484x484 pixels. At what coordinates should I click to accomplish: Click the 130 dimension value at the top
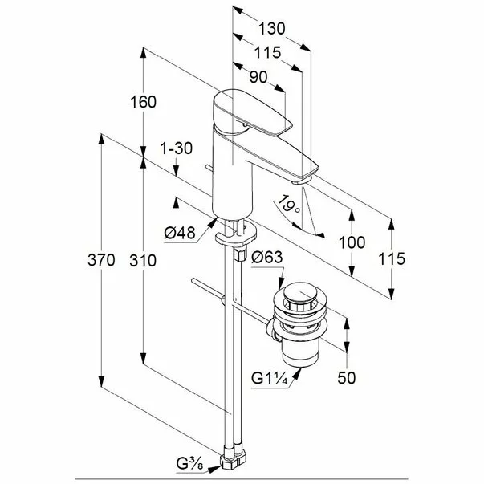tap(271, 29)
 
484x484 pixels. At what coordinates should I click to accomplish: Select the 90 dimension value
tap(258, 77)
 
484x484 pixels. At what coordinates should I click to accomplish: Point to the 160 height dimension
tap(143, 102)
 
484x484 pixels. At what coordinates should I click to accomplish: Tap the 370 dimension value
tap(101, 260)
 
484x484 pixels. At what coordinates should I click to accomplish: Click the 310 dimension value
tap(143, 261)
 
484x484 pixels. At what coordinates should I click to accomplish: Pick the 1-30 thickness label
tap(177, 148)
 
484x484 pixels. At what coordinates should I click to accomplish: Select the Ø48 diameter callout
tap(180, 233)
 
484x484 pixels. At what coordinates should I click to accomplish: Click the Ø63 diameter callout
tap(267, 257)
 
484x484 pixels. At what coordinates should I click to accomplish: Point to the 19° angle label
tap(289, 205)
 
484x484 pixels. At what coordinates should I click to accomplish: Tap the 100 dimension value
tap(352, 242)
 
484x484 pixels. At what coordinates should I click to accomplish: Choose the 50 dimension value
tap(347, 378)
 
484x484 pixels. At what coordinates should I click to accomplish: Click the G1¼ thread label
tap(270, 378)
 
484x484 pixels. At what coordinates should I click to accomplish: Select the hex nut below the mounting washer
tap(241, 254)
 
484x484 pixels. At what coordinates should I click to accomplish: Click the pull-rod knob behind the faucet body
tap(209, 168)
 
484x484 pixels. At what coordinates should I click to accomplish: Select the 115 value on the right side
tap(392, 258)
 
